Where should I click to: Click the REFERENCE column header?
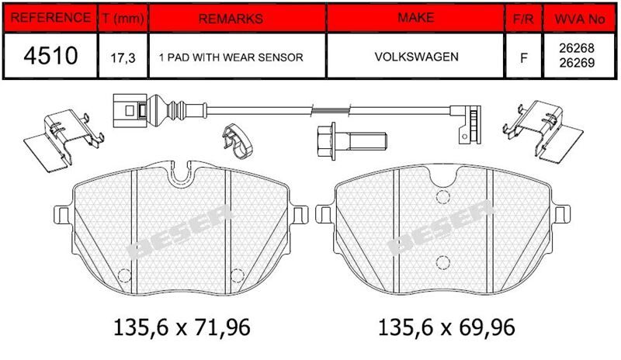click(x=50, y=18)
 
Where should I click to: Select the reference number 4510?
click(x=50, y=55)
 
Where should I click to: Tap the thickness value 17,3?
click(x=123, y=58)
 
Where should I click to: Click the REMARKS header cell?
click(x=231, y=19)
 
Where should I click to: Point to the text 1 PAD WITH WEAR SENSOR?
click(x=231, y=57)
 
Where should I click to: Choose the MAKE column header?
click(x=416, y=18)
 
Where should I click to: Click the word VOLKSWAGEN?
click(x=417, y=57)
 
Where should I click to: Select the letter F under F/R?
click(x=523, y=58)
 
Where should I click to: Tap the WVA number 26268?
click(x=577, y=48)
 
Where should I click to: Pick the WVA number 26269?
click(x=577, y=63)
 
